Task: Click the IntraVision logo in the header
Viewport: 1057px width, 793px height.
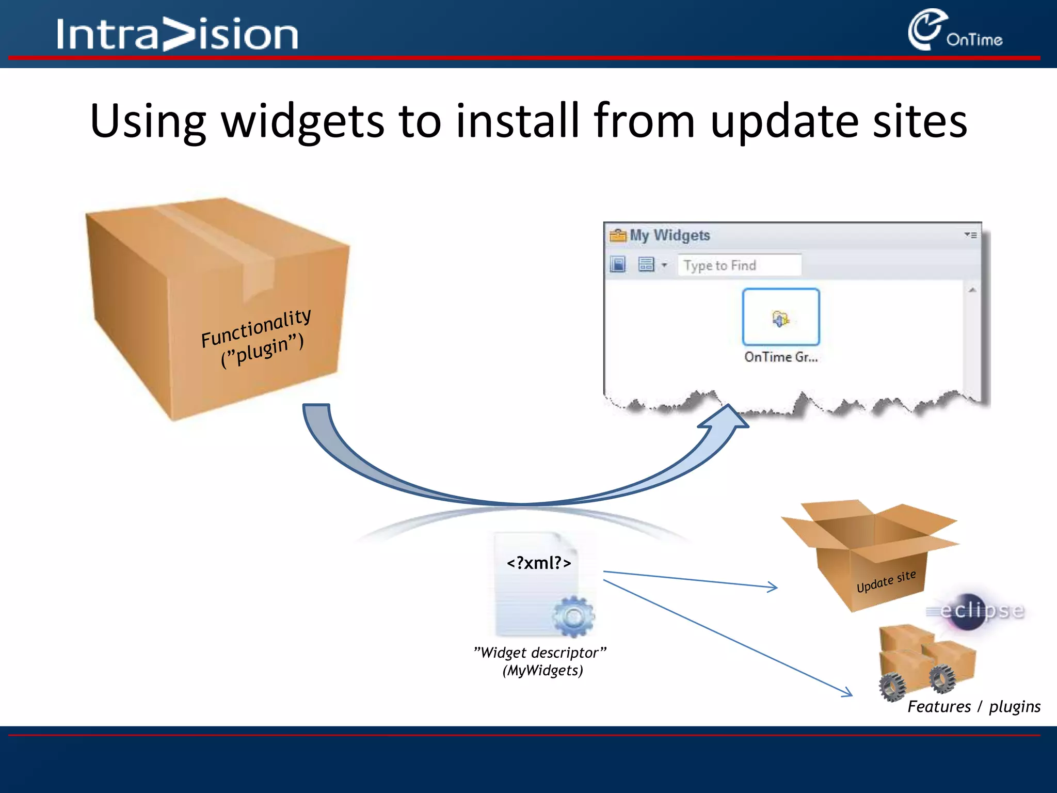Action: coord(177,34)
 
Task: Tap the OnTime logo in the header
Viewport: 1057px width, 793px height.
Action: coord(955,31)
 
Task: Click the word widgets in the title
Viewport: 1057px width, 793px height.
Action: coord(303,121)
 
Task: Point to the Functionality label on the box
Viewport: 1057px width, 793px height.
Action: coord(256,328)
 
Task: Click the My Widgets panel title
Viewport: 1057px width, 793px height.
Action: coord(669,235)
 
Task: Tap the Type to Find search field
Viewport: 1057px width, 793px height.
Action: coord(739,265)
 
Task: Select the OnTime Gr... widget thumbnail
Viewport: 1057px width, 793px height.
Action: coord(780,317)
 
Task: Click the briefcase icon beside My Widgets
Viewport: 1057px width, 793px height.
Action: coord(617,235)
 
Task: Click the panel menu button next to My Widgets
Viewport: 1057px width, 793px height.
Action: coord(970,235)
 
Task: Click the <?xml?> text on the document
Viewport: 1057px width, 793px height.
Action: coord(539,563)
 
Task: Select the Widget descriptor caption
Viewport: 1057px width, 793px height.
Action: coord(540,653)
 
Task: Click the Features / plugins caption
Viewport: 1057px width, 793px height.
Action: coord(973,706)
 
